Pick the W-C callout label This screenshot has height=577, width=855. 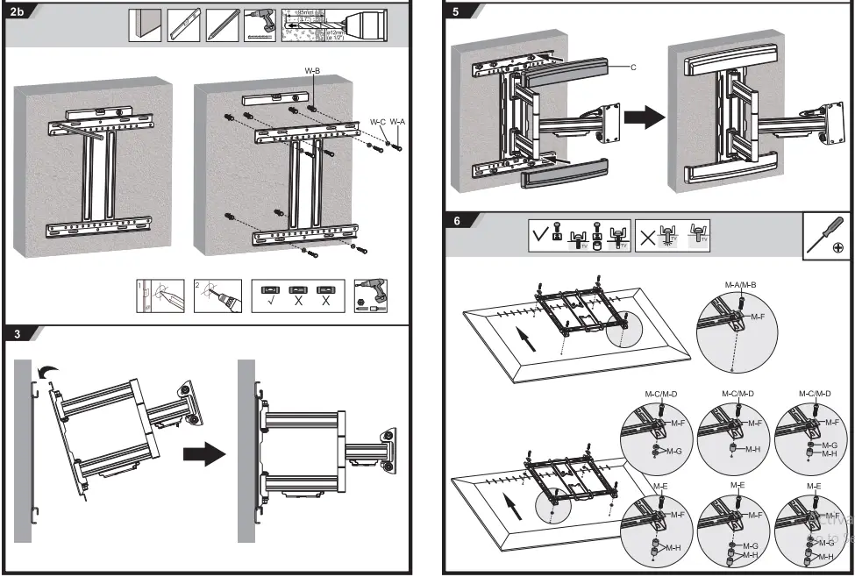[x=378, y=122]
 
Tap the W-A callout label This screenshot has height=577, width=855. [x=397, y=122]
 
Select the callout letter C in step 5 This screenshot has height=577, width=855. [x=633, y=67]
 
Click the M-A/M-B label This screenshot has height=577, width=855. [x=740, y=287]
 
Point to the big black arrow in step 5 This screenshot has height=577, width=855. [x=649, y=118]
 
